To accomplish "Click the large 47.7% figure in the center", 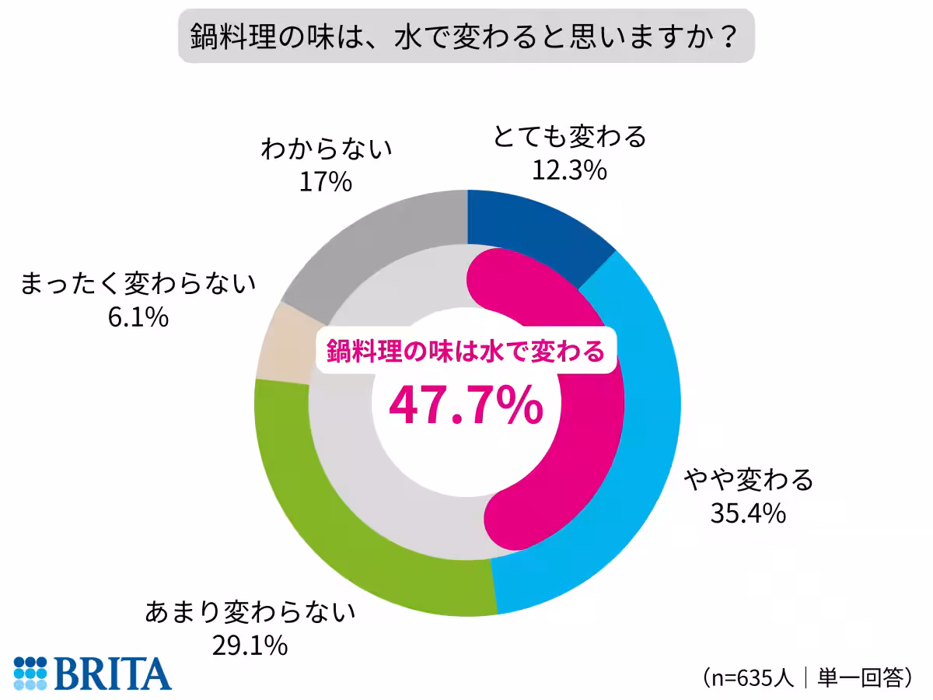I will point(466,405).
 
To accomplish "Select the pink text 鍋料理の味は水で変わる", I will point(466,351).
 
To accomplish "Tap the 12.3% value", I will point(569,170).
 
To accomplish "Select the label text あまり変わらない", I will point(250,612).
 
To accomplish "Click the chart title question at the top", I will point(466,36).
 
